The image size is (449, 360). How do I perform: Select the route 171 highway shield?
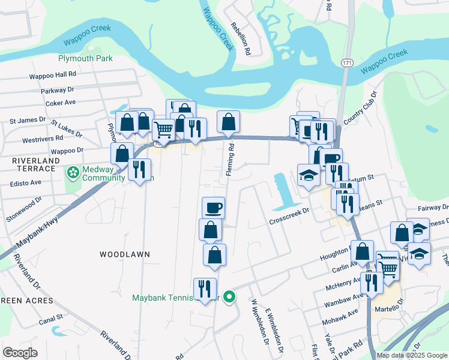coord(347,62)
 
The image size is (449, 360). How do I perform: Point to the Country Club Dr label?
coord(367,107)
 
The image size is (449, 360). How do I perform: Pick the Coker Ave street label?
coord(60,103)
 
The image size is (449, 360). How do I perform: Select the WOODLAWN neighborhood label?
coord(125,254)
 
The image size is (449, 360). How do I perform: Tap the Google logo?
coord(20,353)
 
